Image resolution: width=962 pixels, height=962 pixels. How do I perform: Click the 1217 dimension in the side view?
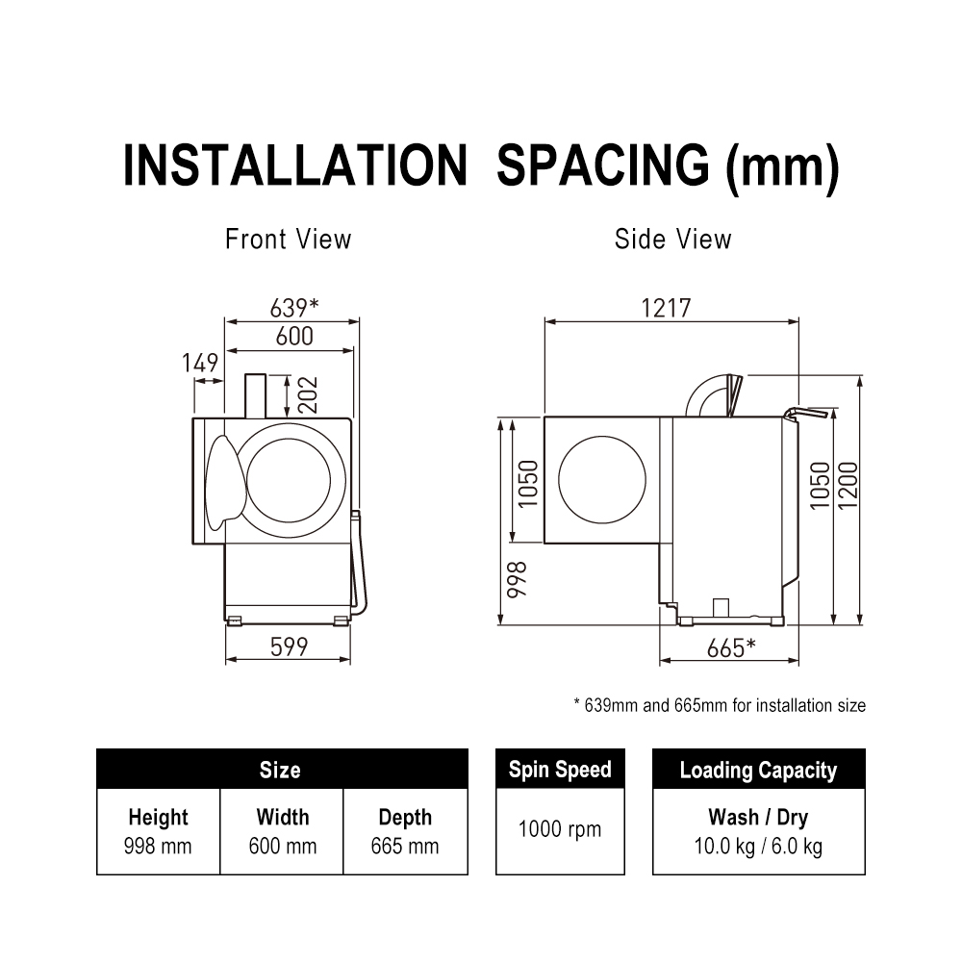point(666,308)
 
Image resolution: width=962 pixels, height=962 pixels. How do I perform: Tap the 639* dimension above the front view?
point(294,308)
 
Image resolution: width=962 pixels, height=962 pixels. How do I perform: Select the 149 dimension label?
point(200,363)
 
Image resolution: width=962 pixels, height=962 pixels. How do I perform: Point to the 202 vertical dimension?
point(309,395)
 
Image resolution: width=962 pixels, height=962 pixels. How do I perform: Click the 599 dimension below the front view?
point(289,646)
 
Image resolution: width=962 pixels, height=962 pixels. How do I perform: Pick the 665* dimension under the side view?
point(731,647)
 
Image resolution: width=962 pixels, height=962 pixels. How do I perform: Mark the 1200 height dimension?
point(848,485)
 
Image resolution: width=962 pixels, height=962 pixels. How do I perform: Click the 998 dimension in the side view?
point(517,578)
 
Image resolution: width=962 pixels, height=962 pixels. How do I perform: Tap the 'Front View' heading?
point(289,240)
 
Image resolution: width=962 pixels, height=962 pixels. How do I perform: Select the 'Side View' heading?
point(673,240)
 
